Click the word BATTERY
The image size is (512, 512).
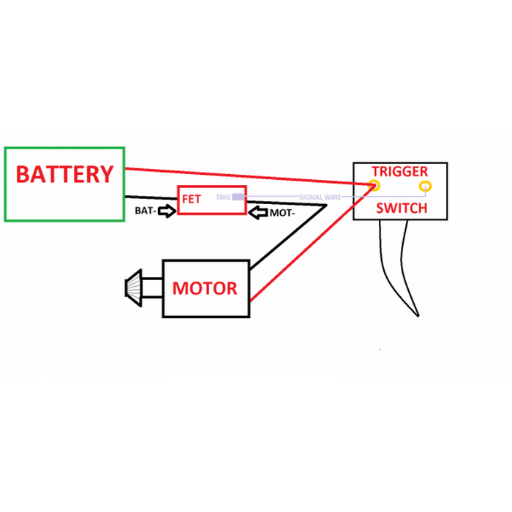click(64, 175)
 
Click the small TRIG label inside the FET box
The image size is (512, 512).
click(223, 197)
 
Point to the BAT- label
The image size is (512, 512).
click(144, 211)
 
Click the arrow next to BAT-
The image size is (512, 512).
click(167, 211)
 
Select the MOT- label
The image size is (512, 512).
click(282, 213)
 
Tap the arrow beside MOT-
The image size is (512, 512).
click(258, 212)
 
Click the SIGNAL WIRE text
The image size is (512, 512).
click(320, 197)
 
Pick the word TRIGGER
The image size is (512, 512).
click(399, 172)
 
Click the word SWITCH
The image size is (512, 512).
click(401, 208)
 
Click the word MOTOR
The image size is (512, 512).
click(205, 288)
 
